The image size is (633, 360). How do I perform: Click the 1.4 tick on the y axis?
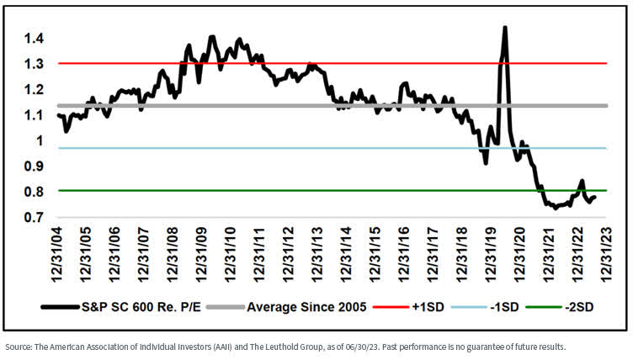(35, 39)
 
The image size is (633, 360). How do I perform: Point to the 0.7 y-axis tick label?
(35, 218)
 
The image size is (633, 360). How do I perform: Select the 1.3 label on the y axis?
(35, 64)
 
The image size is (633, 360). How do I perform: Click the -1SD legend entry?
(501, 307)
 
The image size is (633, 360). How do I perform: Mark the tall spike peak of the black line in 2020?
(504, 28)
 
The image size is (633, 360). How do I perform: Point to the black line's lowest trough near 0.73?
(556, 208)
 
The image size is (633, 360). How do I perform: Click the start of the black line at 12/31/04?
(58, 114)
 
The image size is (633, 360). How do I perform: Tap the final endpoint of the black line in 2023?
(595, 198)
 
